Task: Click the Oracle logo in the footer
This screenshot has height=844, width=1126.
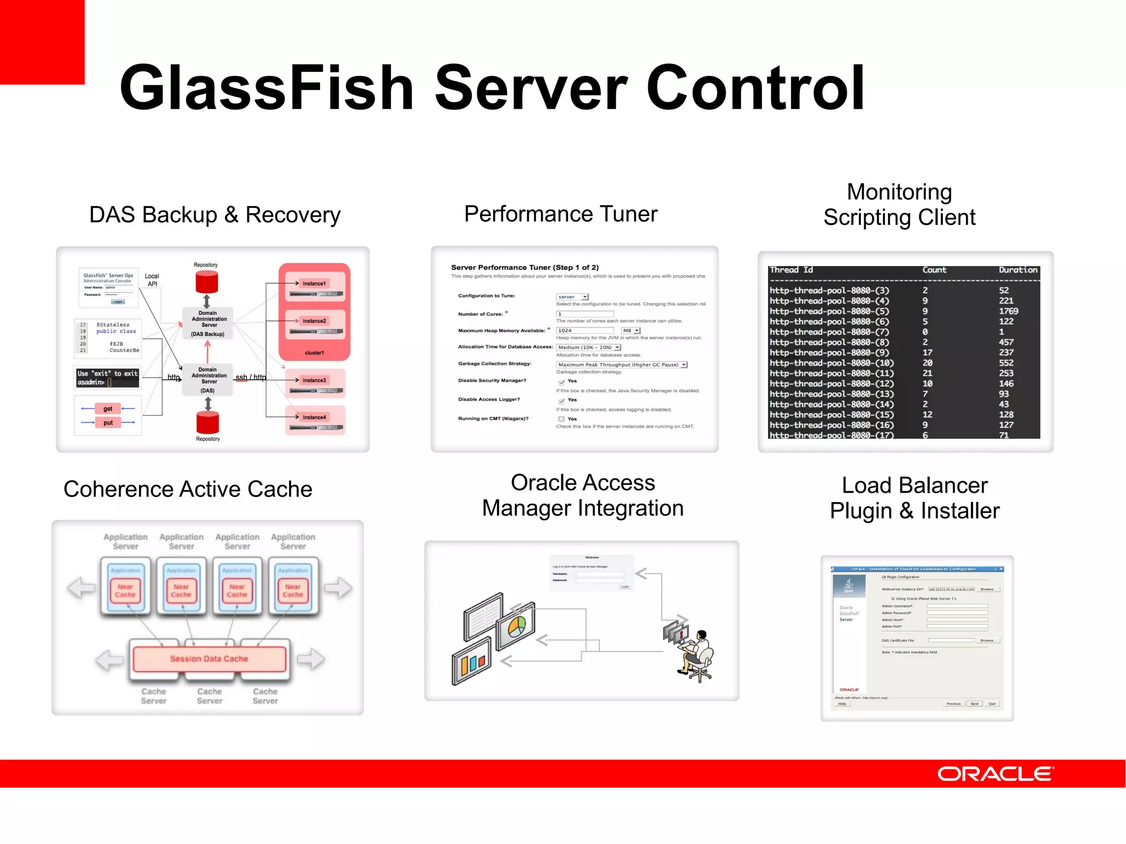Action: click(x=995, y=774)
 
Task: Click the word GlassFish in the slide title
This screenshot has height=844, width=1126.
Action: click(x=266, y=88)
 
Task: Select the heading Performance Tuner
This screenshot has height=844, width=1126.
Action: click(x=560, y=214)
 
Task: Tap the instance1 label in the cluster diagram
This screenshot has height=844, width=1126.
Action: click(x=314, y=284)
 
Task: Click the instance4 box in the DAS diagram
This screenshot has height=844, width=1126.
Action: click(x=314, y=418)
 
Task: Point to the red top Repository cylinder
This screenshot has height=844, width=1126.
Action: click(x=207, y=282)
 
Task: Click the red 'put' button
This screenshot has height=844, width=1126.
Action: click(x=108, y=423)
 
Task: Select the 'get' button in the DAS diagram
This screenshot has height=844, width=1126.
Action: click(x=108, y=409)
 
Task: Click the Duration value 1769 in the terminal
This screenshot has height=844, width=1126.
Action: click(x=1008, y=311)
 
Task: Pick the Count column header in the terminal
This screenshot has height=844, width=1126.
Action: click(x=934, y=270)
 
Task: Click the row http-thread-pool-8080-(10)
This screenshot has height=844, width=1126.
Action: click(x=831, y=363)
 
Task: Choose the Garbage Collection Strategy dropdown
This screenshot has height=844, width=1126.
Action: click(x=621, y=365)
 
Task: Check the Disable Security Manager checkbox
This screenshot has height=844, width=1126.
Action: click(x=561, y=382)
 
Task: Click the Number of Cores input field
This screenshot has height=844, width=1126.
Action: click(x=584, y=315)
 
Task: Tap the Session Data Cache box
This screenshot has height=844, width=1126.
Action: click(x=209, y=659)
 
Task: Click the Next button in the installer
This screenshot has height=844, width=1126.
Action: click(x=974, y=704)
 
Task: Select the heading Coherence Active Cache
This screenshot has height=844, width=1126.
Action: click(x=187, y=489)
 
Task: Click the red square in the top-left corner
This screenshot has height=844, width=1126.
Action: click(x=42, y=42)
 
